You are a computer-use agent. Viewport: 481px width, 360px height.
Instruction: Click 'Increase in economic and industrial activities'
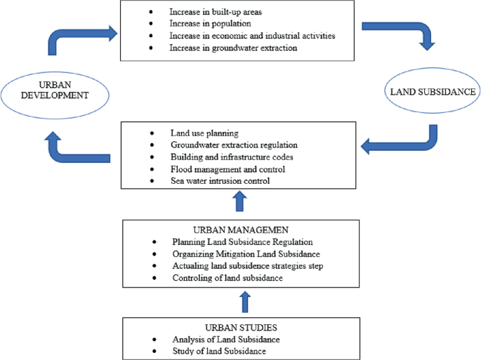pos(252,36)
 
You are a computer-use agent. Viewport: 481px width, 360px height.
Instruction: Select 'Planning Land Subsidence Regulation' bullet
pos(242,242)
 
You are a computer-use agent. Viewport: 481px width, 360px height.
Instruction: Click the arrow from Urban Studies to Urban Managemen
pos(244,302)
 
